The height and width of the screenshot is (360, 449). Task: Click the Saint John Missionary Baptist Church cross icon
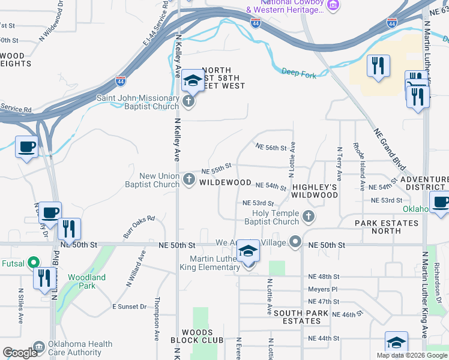tap(189, 101)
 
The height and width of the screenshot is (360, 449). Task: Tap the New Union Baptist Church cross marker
tap(189, 179)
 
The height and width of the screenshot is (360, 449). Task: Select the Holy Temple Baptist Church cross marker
tap(309, 216)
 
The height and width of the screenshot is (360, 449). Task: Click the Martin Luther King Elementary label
tap(206, 262)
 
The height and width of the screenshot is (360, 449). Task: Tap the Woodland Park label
tap(86, 281)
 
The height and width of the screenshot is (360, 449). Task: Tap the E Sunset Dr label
tap(129, 307)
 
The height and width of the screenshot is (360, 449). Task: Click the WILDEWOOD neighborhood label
tap(225, 182)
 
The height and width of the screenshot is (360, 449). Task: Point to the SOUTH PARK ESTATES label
tap(301, 317)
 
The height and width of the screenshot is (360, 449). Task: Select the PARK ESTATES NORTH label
tap(386, 227)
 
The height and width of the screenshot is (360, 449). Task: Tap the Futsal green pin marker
tap(34, 262)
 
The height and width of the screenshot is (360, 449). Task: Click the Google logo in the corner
tap(20, 353)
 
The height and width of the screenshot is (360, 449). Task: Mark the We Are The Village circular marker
tap(295, 242)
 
